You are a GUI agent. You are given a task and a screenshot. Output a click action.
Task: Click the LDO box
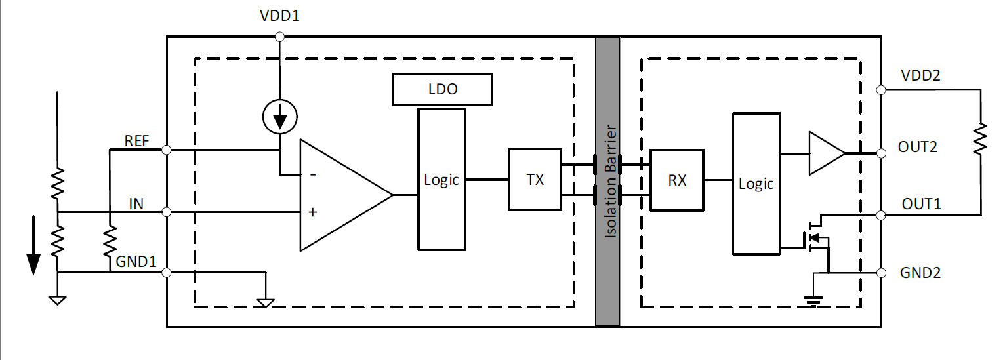click(x=442, y=89)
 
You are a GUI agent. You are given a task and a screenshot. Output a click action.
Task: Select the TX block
click(x=535, y=180)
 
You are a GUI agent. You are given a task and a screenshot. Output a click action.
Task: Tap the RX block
click(x=676, y=180)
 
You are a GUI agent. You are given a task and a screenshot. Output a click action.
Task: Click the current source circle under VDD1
click(x=279, y=119)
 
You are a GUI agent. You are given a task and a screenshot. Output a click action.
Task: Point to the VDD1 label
click(x=279, y=16)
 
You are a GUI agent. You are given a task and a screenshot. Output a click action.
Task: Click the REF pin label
click(x=136, y=141)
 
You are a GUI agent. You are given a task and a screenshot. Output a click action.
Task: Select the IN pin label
click(x=136, y=204)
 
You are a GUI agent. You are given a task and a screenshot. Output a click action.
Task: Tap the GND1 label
click(x=136, y=262)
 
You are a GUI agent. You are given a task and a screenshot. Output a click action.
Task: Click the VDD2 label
click(x=920, y=75)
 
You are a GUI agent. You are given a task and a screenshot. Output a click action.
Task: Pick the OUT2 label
click(x=918, y=147)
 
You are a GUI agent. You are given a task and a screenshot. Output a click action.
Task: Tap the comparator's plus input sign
click(x=312, y=212)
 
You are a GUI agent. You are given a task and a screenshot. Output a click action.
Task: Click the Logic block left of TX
click(x=441, y=179)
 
